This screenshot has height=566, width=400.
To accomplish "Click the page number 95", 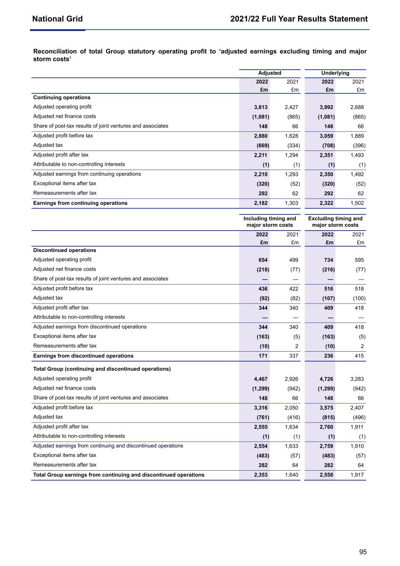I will [363, 552].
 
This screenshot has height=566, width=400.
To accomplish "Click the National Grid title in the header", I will [57, 19].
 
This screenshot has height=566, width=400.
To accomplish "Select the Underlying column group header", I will [335, 73].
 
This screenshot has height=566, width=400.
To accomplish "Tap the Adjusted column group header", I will [269, 73].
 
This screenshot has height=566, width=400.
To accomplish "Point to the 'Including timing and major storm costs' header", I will [269, 222].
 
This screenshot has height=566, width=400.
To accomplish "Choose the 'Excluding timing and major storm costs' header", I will [335, 222].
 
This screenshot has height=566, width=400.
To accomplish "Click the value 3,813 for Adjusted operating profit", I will [261, 107].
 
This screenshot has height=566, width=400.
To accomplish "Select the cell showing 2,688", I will [357, 107].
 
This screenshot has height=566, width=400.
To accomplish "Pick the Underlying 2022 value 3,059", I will [326, 136].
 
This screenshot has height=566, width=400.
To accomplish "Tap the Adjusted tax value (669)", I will [263, 146].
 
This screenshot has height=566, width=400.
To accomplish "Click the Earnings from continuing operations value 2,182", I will [261, 203].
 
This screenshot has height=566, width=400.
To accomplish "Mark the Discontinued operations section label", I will [65, 250].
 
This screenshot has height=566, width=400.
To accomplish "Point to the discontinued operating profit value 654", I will [263, 260].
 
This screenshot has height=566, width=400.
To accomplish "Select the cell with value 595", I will [359, 260].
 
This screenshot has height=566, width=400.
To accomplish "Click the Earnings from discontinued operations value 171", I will [263, 356].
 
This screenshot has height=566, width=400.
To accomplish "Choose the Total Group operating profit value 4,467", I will [261, 379].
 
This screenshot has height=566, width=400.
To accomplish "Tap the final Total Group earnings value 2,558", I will [326, 475].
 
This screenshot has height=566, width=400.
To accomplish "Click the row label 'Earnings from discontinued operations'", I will [83, 356].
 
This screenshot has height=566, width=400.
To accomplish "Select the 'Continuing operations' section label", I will [62, 98].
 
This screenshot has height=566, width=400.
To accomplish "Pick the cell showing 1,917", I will [357, 475].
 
